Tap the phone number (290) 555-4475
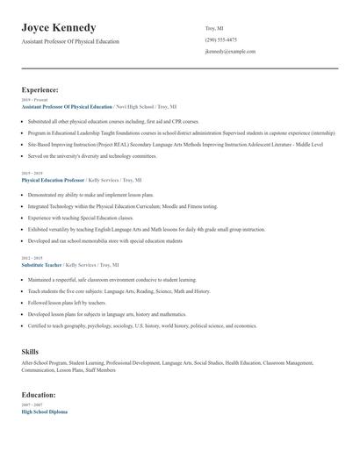(220, 39)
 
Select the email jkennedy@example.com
(230, 52)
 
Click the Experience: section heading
(40, 89)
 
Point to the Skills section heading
(30, 351)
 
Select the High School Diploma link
(44, 411)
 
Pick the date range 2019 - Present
(32, 100)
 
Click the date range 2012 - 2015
(31, 258)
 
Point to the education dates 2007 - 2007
(31, 405)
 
